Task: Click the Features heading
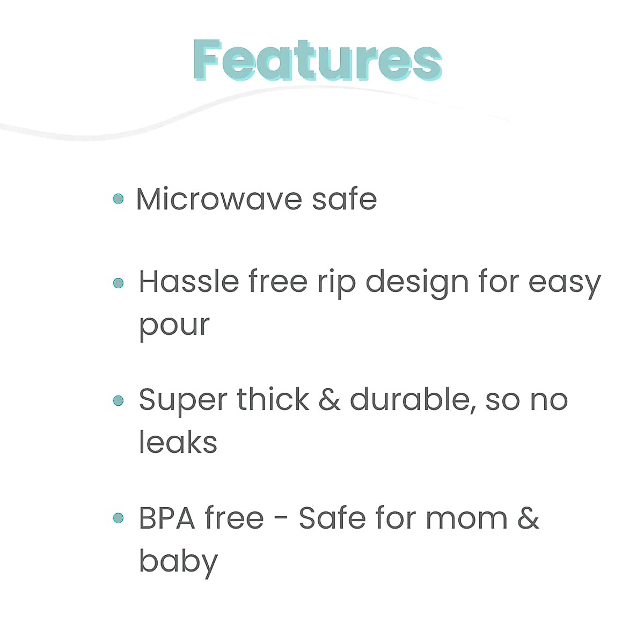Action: click(317, 60)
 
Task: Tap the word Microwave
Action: click(219, 199)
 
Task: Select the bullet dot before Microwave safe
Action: click(119, 199)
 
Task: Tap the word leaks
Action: click(178, 442)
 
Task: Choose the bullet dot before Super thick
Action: click(119, 400)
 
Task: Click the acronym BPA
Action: click(167, 518)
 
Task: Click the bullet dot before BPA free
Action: click(119, 518)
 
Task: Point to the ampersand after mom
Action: click(529, 518)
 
